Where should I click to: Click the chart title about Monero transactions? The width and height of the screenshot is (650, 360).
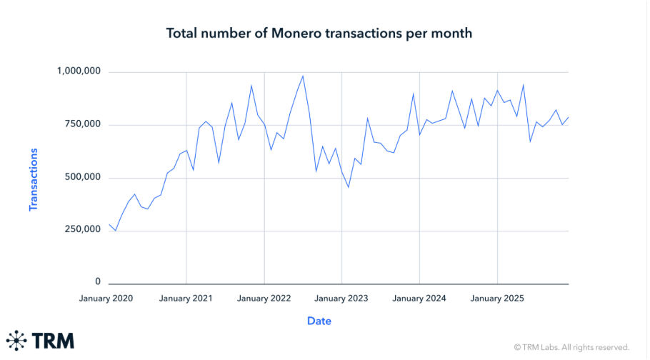click(319, 33)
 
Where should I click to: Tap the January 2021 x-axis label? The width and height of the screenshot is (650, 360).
click(186, 298)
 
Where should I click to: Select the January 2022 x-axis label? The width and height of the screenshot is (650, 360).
click(264, 298)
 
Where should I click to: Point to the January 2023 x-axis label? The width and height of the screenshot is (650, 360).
click(342, 298)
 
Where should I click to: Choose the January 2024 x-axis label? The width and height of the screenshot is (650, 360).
click(420, 298)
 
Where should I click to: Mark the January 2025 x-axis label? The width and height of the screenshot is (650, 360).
click(498, 298)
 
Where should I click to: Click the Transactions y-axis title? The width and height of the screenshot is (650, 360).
click(33, 179)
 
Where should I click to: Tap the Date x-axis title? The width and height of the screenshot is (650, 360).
click(319, 321)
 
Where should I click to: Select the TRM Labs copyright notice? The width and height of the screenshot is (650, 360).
click(571, 347)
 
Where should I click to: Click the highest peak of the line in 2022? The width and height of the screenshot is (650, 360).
click(303, 76)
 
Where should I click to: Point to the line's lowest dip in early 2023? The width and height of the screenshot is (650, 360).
click(348, 187)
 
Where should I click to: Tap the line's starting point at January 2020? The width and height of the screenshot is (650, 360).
click(109, 224)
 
